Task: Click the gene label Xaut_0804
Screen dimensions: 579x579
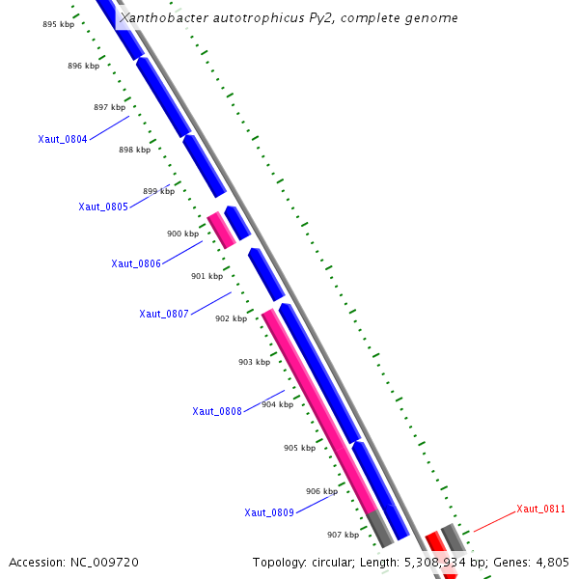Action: coord(63,139)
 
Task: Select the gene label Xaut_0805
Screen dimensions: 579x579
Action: coord(103,207)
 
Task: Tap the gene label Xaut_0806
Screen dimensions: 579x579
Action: coord(136,263)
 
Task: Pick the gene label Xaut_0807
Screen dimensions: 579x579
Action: coord(164,314)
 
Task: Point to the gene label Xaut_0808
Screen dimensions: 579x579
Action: coord(217,411)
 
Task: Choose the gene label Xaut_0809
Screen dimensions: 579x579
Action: coord(269,512)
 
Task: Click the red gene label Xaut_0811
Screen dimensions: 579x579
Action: coord(540,509)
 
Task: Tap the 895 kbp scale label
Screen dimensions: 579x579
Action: coord(58,24)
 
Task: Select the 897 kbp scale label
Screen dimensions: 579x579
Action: coord(109,107)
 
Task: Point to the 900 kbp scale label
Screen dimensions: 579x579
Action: coord(182,234)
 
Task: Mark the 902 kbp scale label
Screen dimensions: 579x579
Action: coord(231,318)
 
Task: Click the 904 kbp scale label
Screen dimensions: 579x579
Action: coord(277,404)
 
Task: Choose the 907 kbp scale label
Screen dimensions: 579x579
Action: coord(343,535)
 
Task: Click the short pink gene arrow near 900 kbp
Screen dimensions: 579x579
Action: coord(221,230)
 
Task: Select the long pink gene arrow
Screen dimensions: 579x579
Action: coord(318,410)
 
